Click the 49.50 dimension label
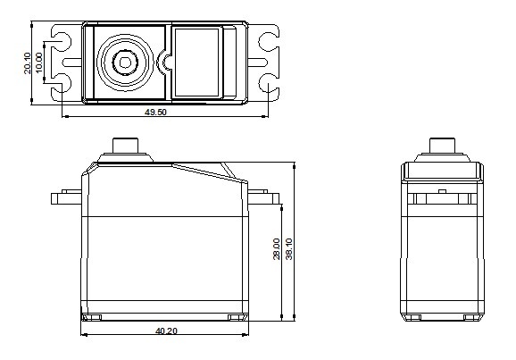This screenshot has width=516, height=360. (155, 112)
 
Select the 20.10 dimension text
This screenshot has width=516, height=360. (28, 63)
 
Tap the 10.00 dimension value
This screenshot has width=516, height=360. (38, 63)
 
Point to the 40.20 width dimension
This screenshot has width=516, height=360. (167, 331)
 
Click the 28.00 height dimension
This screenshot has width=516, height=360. (277, 249)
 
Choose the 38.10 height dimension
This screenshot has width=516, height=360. (288, 249)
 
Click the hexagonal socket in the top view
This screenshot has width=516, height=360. (125, 63)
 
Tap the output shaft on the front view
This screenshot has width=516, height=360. (125, 146)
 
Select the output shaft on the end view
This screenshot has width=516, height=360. (442, 146)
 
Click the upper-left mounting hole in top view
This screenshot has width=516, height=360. (62, 41)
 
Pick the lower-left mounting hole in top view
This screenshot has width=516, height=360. (62, 83)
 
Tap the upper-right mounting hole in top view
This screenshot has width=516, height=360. (268, 41)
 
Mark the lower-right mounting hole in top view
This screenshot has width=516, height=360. (268, 83)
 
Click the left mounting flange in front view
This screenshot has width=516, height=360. (66, 197)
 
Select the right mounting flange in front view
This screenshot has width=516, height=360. (263, 197)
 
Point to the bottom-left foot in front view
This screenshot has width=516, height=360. (91, 317)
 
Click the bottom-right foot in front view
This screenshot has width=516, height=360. (237, 317)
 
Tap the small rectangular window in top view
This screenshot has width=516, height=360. (196, 63)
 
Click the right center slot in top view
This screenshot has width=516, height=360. (257, 63)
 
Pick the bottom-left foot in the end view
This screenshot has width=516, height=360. (412, 317)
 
